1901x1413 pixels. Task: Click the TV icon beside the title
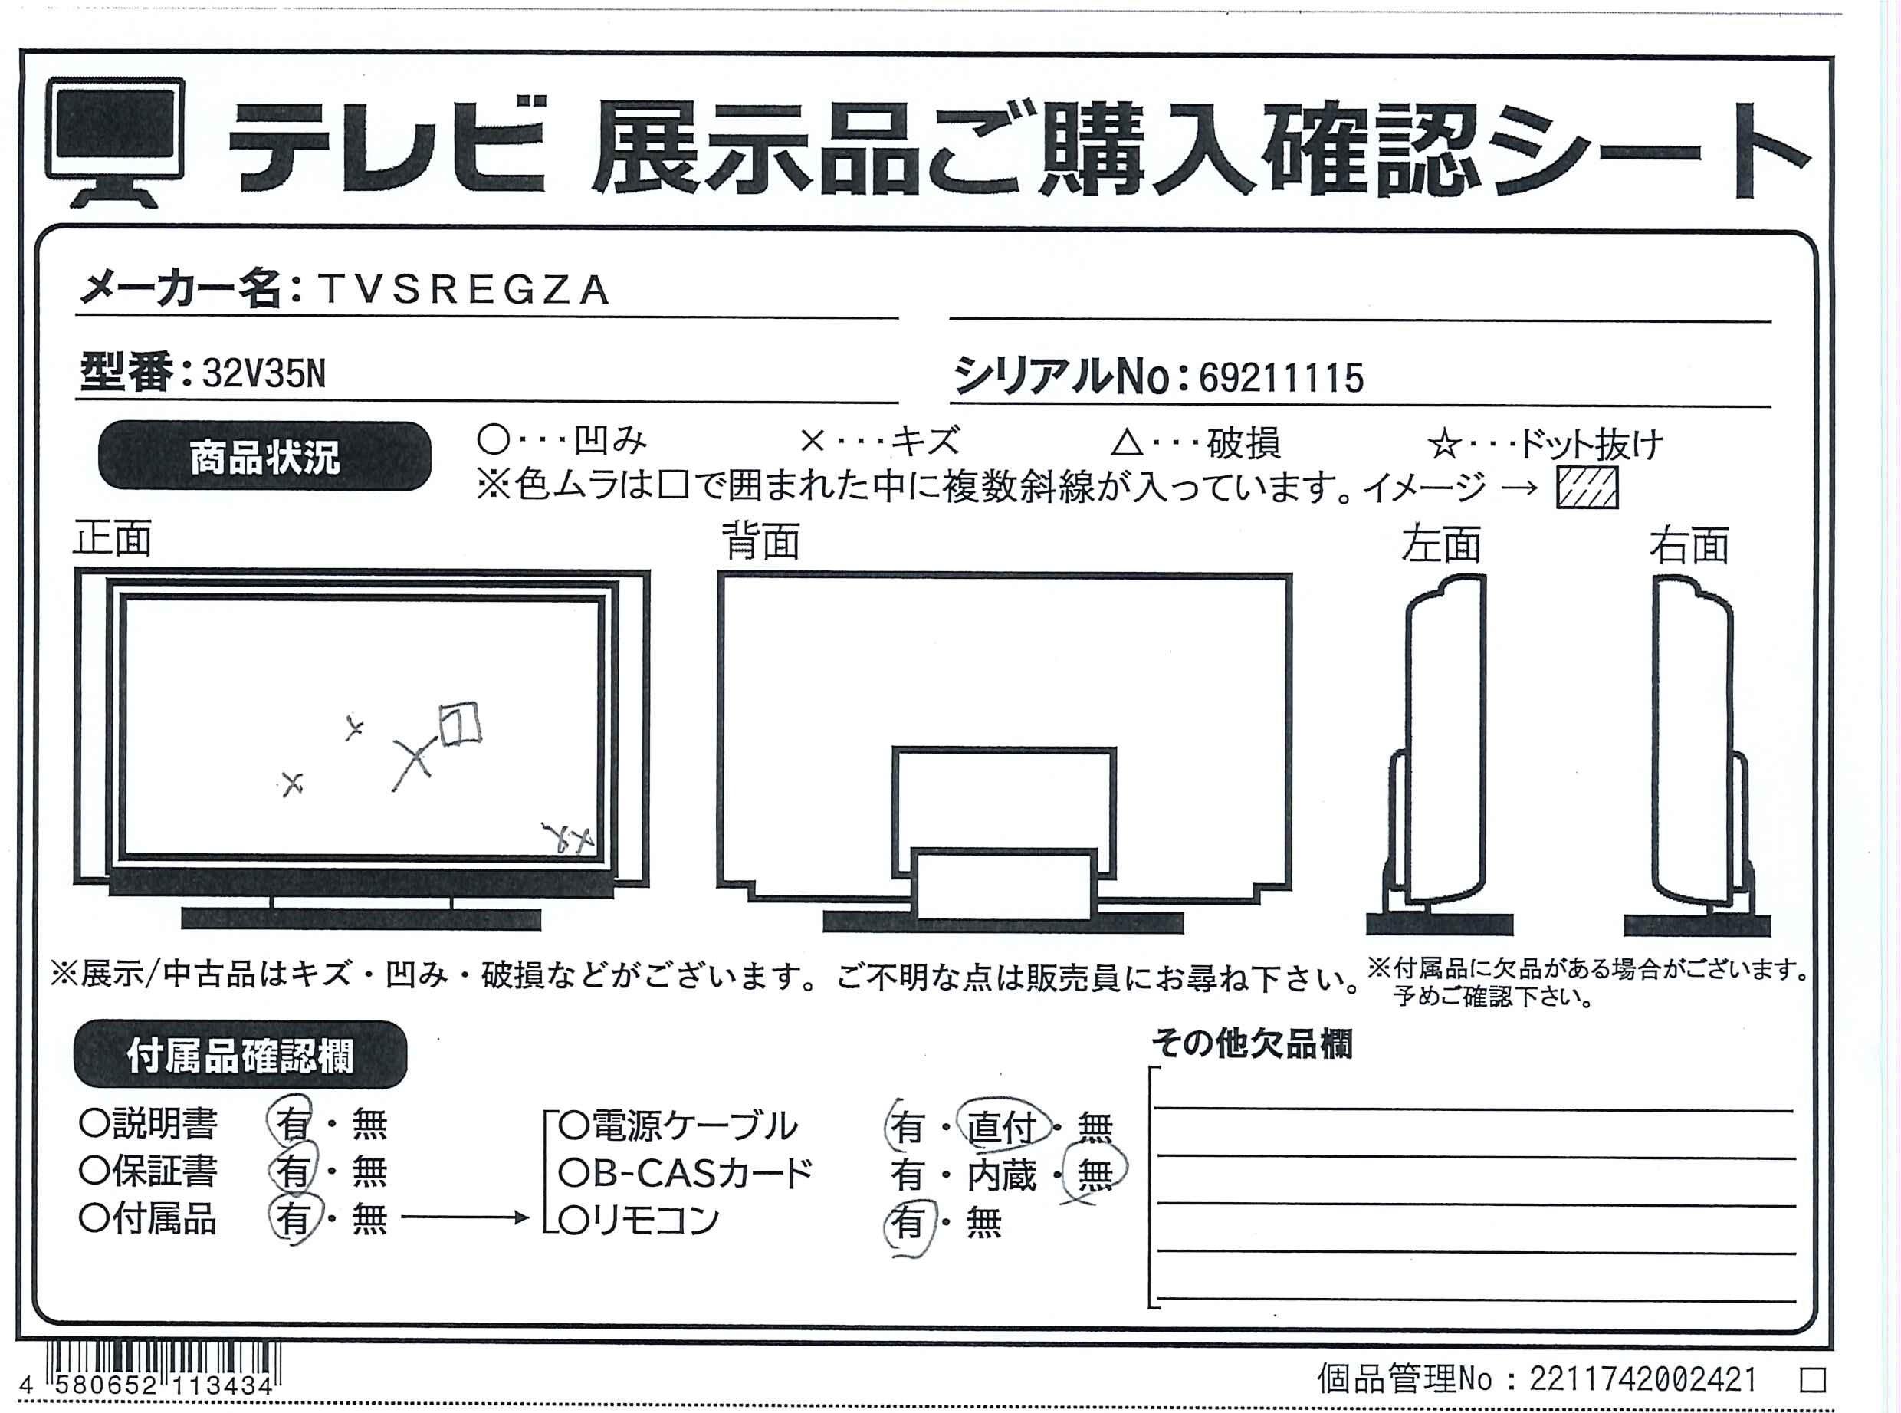(116, 142)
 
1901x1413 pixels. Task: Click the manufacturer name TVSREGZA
(464, 290)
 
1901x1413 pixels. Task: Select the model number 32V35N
(264, 374)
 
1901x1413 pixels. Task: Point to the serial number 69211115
(1281, 378)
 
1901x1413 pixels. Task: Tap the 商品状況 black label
(265, 456)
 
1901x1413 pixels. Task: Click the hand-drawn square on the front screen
(459, 724)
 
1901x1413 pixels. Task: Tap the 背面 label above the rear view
(761, 541)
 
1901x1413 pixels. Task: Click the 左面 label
(1440, 544)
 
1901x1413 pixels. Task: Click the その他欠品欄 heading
(1252, 1043)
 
